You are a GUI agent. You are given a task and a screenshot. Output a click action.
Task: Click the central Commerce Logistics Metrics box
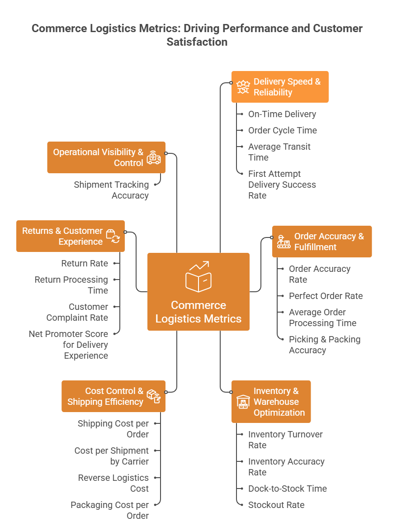tap(198, 292)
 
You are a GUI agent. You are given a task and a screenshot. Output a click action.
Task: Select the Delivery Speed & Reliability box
tap(280, 87)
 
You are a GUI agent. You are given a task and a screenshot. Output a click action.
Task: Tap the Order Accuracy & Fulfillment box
tap(322, 242)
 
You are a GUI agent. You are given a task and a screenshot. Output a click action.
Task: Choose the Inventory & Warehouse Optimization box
tap(271, 402)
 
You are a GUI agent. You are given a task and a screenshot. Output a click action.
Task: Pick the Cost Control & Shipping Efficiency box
tap(113, 396)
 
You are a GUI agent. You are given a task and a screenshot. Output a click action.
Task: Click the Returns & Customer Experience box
tap(71, 236)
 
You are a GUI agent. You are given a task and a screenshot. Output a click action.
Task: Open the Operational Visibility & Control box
tap(106, 157)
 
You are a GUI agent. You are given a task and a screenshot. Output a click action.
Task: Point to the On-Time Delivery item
tap(282, 114)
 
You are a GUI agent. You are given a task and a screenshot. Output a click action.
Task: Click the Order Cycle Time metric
tap(282, 131)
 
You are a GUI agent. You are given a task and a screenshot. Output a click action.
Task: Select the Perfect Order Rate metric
tap(326, 296)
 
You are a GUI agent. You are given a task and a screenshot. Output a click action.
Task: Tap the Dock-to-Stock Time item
tap(287, 489)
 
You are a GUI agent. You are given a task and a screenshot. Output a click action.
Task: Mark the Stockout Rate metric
tap(276, 505)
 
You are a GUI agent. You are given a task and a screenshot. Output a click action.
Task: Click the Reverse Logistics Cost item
tap(113, 483)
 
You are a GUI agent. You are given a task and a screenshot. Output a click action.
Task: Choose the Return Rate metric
tap(85, 264)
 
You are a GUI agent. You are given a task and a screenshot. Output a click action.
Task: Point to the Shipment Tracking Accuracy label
tap(112, 190)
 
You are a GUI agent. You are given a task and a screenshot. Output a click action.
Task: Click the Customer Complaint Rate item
tap(77, 312)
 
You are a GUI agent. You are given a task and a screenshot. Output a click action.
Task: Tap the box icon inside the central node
tap(198, 276)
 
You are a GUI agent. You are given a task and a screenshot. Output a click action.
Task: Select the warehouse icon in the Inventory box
tap(243, 402)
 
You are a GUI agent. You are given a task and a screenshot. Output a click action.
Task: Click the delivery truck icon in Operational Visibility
tap(154, 157)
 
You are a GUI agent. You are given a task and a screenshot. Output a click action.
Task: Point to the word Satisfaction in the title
tap(197, 42)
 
